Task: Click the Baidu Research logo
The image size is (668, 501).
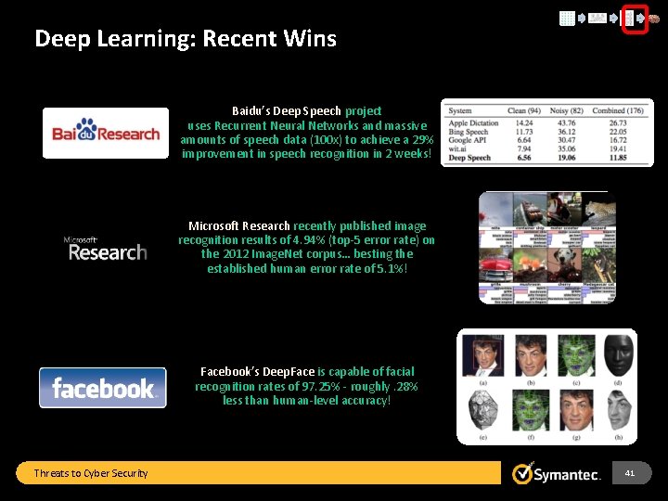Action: (x=106, y=133)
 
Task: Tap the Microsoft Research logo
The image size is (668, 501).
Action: (x=106, y=249)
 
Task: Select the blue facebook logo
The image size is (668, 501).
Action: (x=103, y=388)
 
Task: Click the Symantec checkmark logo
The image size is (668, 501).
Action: (x=523, y=473)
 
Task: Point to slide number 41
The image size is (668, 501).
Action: (x=630, y=473)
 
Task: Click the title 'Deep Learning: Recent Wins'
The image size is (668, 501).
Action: (x=186, y=39)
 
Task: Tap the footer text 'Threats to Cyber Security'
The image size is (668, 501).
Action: (x=91, y=473)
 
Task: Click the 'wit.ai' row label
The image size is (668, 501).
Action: (x=460, y=148)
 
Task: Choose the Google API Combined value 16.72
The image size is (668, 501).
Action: (x=617, y=140)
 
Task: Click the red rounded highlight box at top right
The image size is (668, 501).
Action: (x=634, y=18)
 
